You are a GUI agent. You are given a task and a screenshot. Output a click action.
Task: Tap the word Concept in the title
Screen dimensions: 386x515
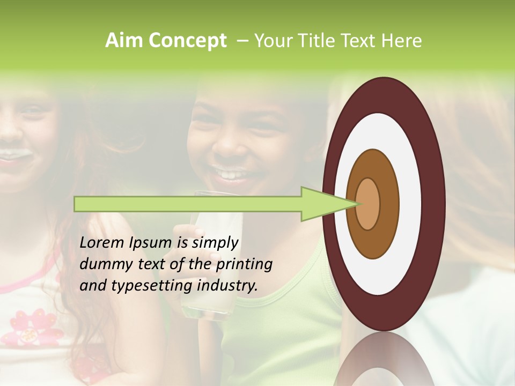tap(188, 41)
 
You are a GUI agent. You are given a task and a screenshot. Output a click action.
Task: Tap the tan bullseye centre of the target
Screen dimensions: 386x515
tap(368, 204)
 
